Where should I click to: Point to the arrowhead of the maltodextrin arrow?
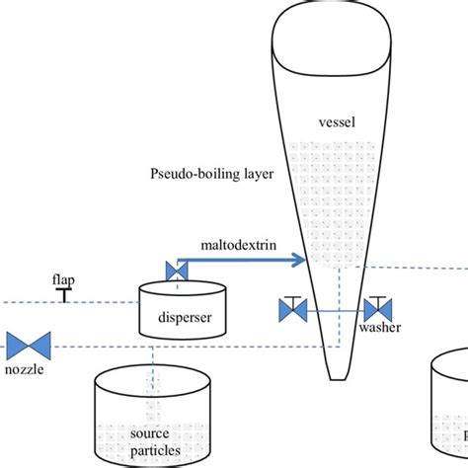(299, 262)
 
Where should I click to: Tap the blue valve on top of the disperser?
(177, 271)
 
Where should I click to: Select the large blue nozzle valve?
(29, 347)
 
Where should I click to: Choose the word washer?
(380, 329)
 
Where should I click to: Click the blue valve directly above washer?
(376, 310)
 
